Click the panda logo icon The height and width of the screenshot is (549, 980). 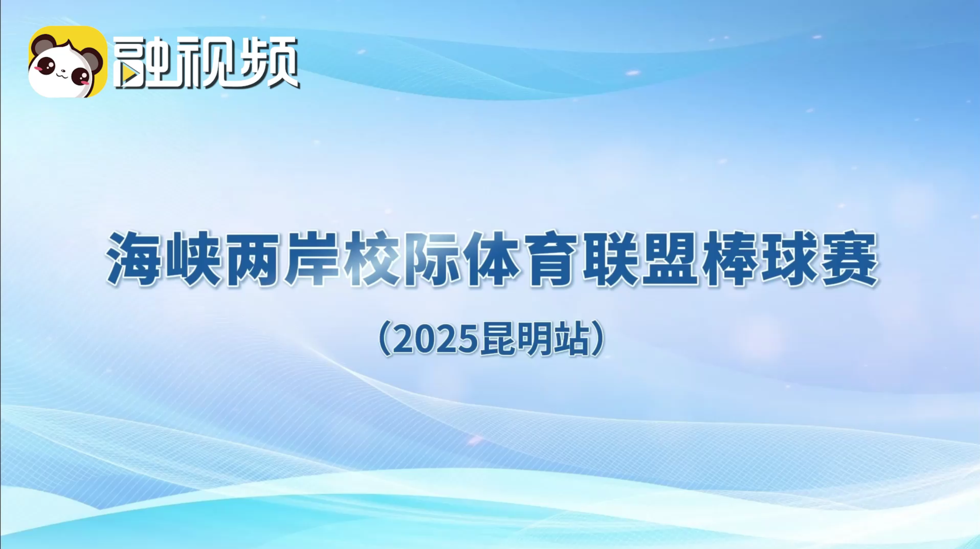click(x=67, y=61)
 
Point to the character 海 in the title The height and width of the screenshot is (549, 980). click(x=134, y=259)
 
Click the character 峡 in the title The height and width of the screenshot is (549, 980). click(x=193, y=259)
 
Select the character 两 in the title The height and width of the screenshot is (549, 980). click(x=252, y=259)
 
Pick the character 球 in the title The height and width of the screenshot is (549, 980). click(x=789, y=259)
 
